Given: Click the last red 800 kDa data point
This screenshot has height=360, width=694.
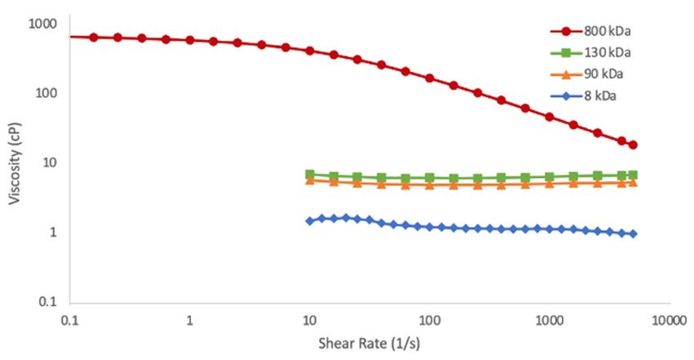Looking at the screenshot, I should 633,145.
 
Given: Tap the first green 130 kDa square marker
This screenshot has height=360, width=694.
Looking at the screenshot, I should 309,175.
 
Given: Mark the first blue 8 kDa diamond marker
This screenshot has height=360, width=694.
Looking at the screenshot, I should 309,221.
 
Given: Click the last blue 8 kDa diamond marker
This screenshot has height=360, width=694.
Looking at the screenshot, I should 633,233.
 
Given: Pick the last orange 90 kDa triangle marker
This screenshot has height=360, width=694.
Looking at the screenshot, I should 633,182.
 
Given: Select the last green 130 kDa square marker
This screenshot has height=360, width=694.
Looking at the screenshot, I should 633,175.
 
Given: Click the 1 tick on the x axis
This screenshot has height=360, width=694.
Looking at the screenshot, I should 189,320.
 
